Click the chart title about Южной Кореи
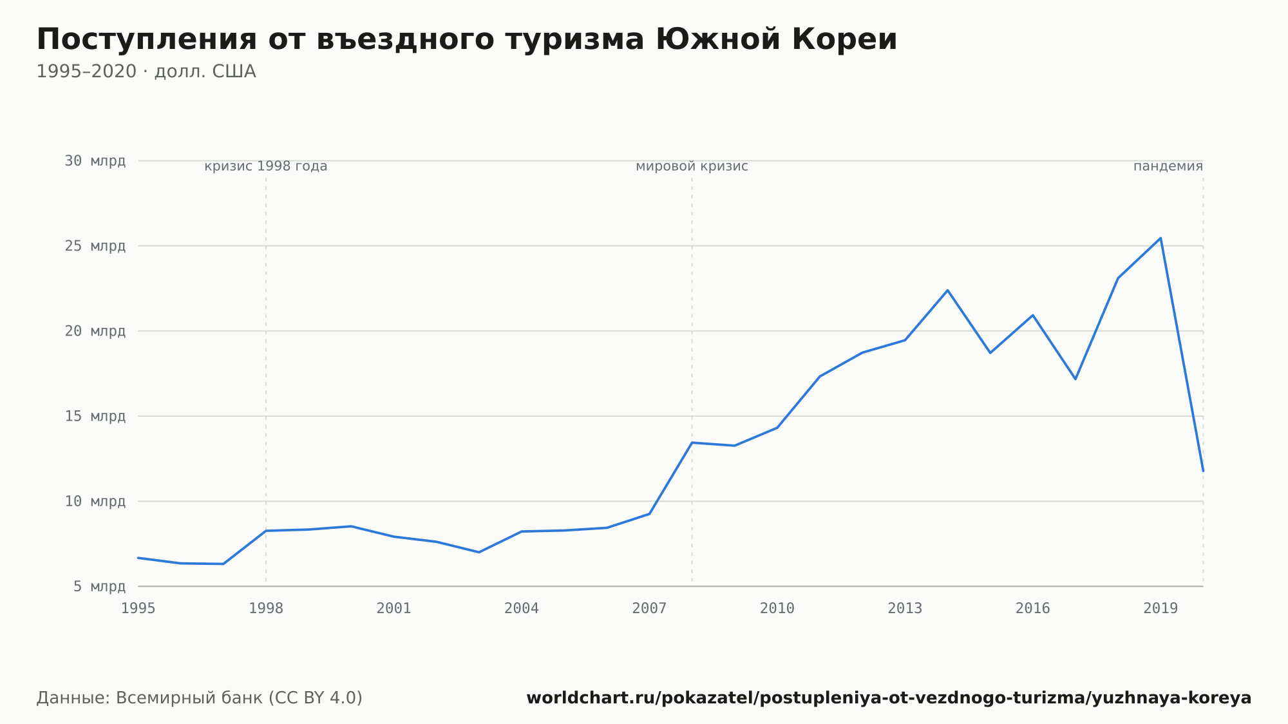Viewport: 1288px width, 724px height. pyautogui.click(x=467, y=39)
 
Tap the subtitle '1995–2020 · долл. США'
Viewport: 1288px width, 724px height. pyautogui.click(x=146, y=71)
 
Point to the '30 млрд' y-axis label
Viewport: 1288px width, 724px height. pyautogui.click(x=95, y=161)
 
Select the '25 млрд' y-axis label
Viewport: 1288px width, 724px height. pyautogui.click(x=95, y=246)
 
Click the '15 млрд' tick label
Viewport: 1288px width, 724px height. pyautogui.click(x=95, y=416)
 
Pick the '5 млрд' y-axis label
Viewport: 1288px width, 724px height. pyautogui.click(x=99, y=586)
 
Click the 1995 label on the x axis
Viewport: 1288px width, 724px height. pyautogui.click(x=138, y=609)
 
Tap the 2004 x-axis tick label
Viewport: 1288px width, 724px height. pyautogui.click(x=522, y=609)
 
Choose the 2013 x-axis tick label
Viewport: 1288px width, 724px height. pyautogui.click(x=905, y=609)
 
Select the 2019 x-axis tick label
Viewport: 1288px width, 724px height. pyautogui.click(x=1160, y=609)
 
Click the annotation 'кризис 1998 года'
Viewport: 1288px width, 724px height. pyautogui.click(x=266, y=166)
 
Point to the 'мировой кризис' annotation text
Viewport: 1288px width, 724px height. pyautogui.click(x=692, y=166)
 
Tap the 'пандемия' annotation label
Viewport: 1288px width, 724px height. pyautogui.click(x=1168, y=166)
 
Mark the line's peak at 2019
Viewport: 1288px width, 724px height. pyautogui.click(x=1160, y=238)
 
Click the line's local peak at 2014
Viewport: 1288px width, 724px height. pyautogui.click(x=947, y=290)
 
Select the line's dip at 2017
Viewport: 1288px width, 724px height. pyautogui.click(x=1075, y=379)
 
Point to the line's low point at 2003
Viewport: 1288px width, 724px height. pyautogui.click(x=478, y=552)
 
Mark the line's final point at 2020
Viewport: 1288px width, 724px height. pyautogui.click(x=1203, y=471)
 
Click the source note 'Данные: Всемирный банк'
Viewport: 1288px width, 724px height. pyautogui.click(x=149, y=698)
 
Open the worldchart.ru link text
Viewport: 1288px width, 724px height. pyautogui.click(x=889, y=698)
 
